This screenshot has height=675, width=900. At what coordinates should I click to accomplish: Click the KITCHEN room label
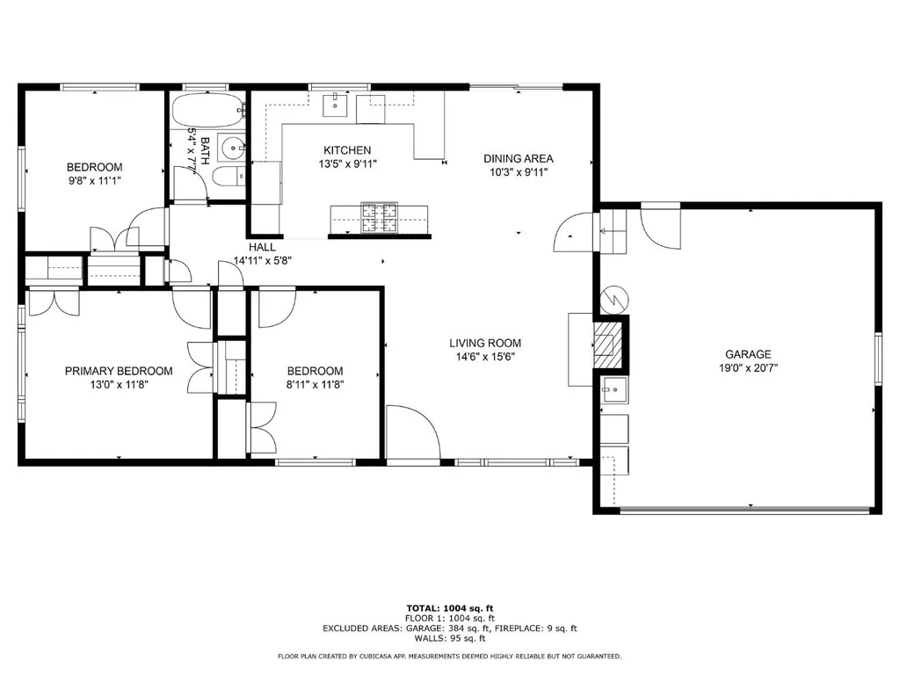[347, 150]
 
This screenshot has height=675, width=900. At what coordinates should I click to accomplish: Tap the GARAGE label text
[748, 354]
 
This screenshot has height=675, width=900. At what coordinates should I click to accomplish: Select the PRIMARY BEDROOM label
[119, 371]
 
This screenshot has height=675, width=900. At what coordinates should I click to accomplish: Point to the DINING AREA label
[519, 158]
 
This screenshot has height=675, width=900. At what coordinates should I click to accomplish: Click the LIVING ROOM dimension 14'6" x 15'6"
[485, 357]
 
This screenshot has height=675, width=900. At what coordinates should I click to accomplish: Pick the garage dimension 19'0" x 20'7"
[748, 368]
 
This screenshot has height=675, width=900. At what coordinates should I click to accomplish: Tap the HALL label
[262, 247]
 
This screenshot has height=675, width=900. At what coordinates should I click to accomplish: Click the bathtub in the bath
[207, 109]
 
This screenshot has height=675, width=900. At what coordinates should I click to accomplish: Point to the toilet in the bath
[228, 177]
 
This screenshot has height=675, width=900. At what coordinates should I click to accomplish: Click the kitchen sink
[335, 105]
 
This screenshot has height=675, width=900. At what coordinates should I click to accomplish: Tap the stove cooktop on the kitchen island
[379, 218]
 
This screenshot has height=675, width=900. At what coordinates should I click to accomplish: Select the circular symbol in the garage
[614, 299]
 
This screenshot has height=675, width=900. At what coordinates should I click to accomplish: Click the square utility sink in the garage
[614, 390]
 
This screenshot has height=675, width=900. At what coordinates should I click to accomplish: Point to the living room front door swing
[413, 432]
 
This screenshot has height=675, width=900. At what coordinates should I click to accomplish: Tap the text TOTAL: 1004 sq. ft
[449, 608]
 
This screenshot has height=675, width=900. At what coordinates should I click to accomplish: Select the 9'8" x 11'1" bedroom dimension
[94, 181]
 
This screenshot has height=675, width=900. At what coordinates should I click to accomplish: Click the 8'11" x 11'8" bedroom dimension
[316, 385]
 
